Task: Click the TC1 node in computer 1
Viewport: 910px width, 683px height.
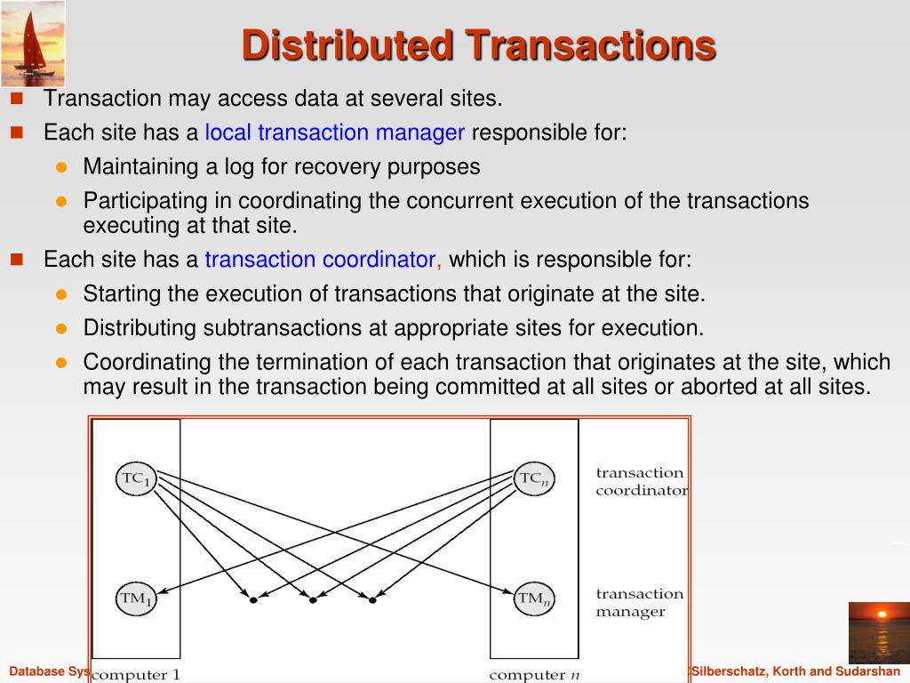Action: (136, 478)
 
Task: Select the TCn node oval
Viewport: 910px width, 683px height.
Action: (535, 478)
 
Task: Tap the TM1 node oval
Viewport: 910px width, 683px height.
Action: (136, 599)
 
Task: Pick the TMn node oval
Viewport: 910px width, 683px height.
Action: (535, 599)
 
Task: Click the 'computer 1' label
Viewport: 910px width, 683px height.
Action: (136, 675)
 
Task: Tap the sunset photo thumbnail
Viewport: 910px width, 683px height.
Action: (879, 632)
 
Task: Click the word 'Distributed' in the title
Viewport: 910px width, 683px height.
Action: (347, 45)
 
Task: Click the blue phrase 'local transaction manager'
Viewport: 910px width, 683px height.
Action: (335, 133)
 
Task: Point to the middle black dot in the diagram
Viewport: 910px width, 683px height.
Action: (313, 600)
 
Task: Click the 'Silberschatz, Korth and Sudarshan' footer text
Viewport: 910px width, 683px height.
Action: (796, 671)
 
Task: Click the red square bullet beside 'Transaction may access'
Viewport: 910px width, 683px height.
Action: (16, 97)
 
